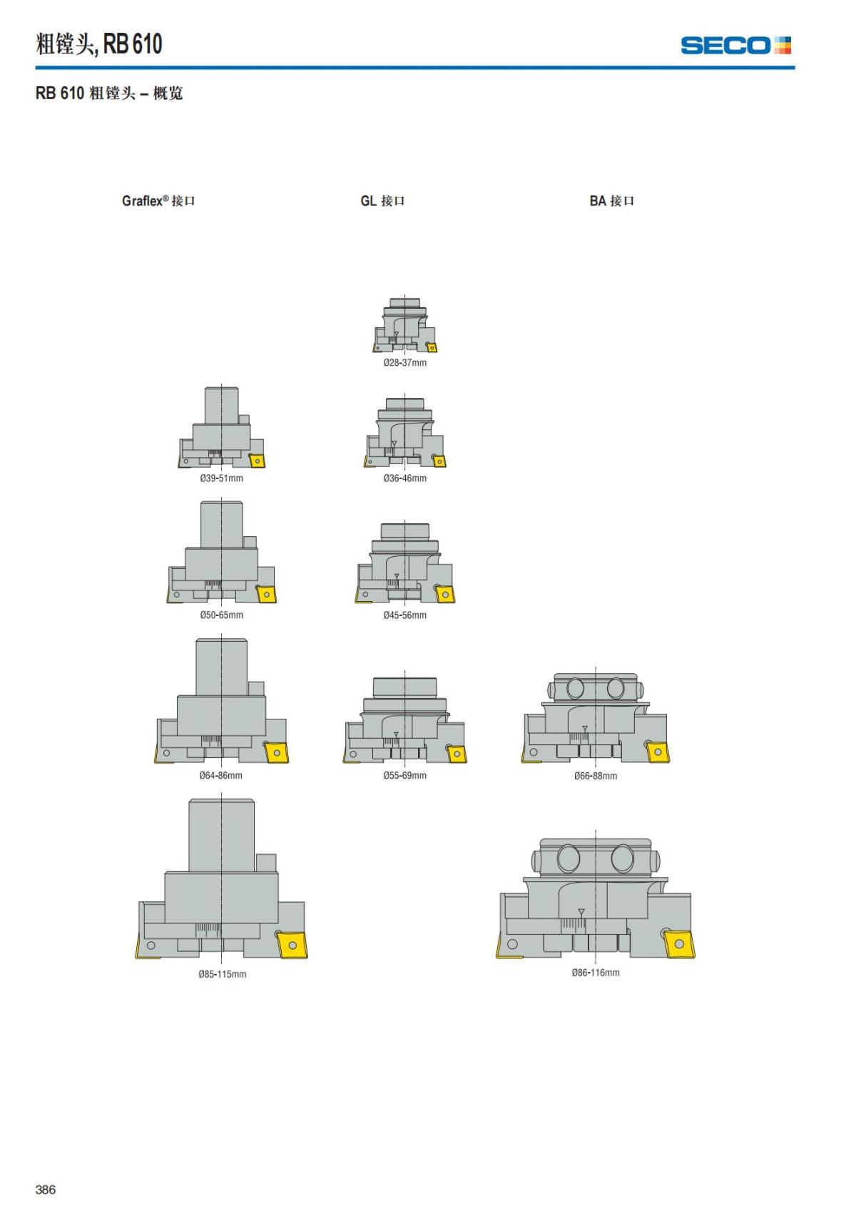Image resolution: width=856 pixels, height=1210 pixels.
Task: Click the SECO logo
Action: tap(735, 46)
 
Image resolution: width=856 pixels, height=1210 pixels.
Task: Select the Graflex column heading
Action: tap(158, 201)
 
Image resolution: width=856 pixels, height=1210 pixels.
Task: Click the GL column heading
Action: tap(382, 201)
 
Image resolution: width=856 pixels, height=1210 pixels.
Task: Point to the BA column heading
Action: tap(612, 201)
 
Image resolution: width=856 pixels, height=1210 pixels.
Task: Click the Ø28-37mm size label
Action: tap(404, 362)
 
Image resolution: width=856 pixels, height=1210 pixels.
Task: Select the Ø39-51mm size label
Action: tap(222, 478)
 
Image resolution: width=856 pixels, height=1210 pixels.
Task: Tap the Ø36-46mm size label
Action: tap(404, 478)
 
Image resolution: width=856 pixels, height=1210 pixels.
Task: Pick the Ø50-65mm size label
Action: tap(222, 615)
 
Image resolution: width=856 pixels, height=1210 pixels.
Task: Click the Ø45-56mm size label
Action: tap(404, 615)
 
